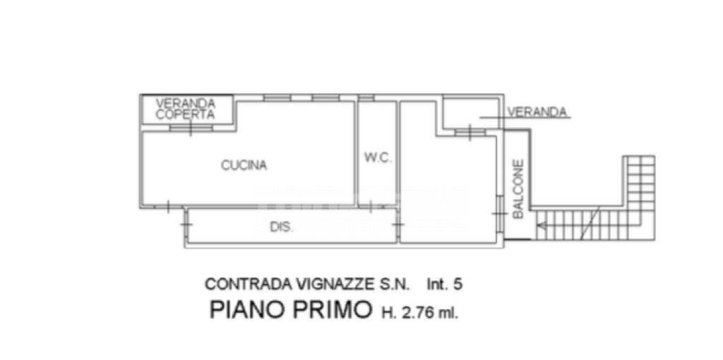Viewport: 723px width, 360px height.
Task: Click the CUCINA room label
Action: pyautogui.click(x=244, y=166)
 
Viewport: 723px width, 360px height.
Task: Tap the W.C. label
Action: pyautogui.click(x=378, y=158)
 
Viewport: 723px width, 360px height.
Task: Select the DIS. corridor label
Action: pyautogui.click(x=282, y=227)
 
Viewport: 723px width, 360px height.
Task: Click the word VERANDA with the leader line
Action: pyautogui.click(x=538, y=112)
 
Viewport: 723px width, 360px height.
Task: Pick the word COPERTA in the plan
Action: pyautogui.click(x=185, y=114)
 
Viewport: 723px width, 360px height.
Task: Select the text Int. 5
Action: pyautogui.click(x=444, y=284)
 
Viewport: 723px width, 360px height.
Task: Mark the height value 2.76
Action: pyautogui.click(x=416, y=312)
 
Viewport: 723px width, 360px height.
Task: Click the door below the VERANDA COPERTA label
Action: pyautogui.click(x=190, y=128)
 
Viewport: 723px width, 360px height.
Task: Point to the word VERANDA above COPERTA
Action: pyautogui.click(x=185, y=103)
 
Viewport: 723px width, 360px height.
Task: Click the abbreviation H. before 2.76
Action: pyautogui.click(x=388, y=312)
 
